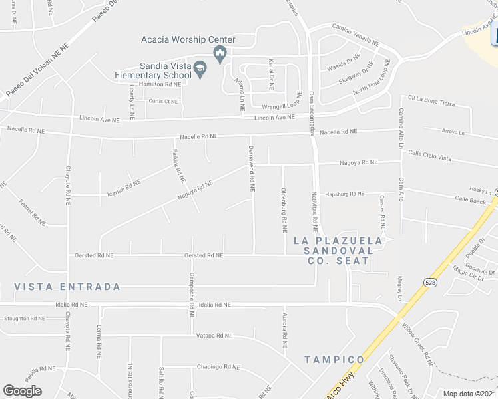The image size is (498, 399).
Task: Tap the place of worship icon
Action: [x=220, y=53]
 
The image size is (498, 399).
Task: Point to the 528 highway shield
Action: [x=427, y=283]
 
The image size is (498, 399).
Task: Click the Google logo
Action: [x=22, y=391]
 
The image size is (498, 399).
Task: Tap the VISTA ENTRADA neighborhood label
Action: [x=68, y=287]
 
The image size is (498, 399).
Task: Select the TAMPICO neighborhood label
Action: [x=335, y=360]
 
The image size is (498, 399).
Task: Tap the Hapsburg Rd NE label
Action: [x=345, y=194]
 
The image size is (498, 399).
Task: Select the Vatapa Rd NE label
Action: [x=214, y=336]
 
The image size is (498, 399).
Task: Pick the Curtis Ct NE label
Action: [x=163, y=102]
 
